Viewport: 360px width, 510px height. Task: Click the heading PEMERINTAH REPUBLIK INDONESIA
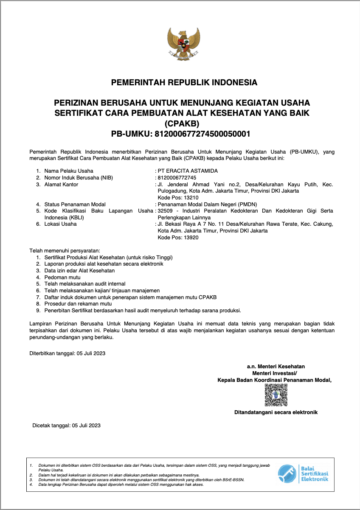click(x=184, y=82)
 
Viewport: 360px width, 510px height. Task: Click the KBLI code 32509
click(x=165, y=211)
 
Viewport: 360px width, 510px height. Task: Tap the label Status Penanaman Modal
click(x=75, y=204)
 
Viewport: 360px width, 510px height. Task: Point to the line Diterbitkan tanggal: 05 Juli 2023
click(x=67, y=353)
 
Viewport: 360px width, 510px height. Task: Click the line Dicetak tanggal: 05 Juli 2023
click(x=67, y=425)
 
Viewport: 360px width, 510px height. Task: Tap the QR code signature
click(x=276, y=395)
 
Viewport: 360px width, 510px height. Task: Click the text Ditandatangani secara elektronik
click(x=276, y=412)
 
